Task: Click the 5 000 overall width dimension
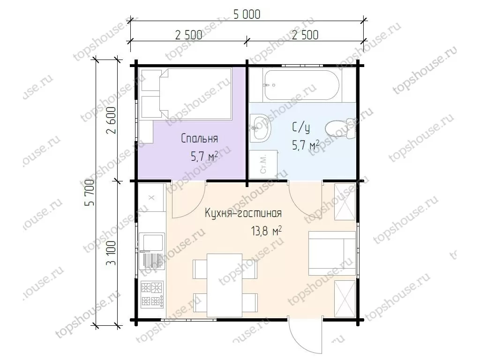point(247,14)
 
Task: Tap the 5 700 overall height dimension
point(91,192)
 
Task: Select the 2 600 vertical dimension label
point(111,120)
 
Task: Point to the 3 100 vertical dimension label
point(111,253)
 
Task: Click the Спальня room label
point(199,138)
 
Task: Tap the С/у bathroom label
point(300,127)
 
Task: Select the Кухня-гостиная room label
point(243,213)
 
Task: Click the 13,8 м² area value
point(266,231)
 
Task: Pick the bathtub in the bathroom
point(301,85)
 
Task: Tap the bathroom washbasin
point(261,127)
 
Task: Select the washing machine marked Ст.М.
point(263,164)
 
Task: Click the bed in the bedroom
point(195,93)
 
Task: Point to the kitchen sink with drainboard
point(152,251)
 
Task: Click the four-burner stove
point(152,294)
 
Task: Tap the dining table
point(225,285)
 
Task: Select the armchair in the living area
point(332,254)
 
